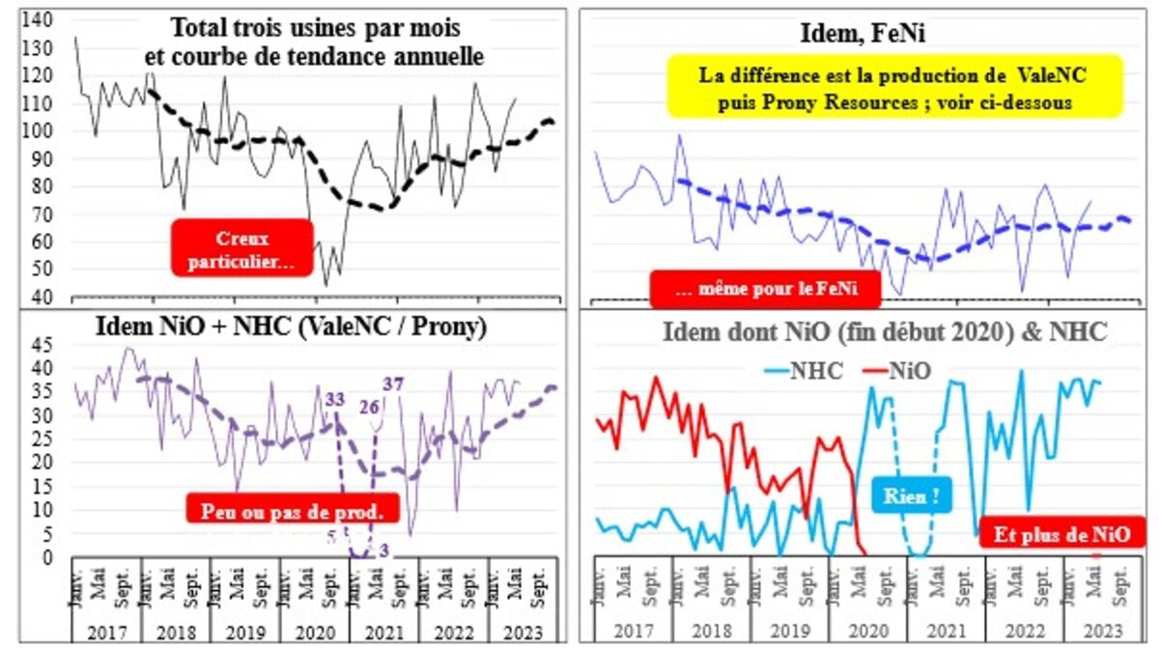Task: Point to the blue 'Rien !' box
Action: pyautogui.click(x=911, y=496)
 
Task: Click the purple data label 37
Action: pyautogui.click(x=392, y=384)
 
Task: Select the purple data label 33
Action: pyautogui.click(x=335, y=397)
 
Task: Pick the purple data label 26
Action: pyautogui.click(x=370, y=406)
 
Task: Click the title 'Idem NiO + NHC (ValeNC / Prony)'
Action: pyautogui.click(x=291, y=326)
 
